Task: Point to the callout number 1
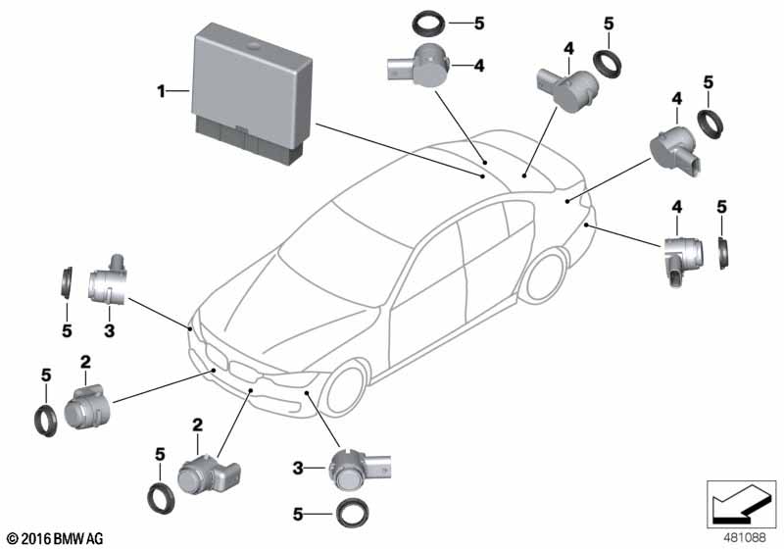pyautogui.click(x=160, y=92)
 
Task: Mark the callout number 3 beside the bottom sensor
pyautogui.click(x=301, y=469)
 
